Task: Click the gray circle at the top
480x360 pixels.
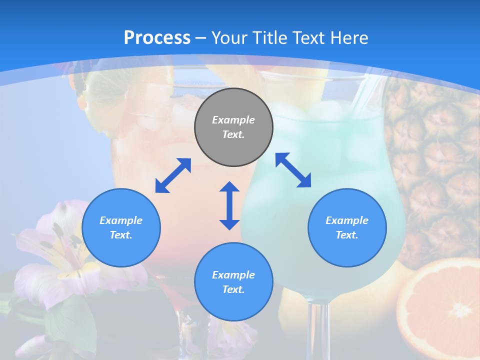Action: (x=233, y=127)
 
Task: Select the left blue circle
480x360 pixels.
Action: (x=121, y=227)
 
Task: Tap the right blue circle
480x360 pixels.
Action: (x=347, y=227)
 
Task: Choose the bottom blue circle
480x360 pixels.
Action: (x=233, y=282)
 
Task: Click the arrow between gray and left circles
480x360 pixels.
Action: (x=173, y=175)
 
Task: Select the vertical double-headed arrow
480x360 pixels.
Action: (x=229, y=205)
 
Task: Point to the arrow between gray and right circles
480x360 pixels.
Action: (x=293, y=170)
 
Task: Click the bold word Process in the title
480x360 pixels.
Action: (x=157, y=37)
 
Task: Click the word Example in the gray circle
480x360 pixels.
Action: (x=233, y=120)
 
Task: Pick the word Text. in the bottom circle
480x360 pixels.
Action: (x=233, y=289)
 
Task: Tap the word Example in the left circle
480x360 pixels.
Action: (x=121, y=220)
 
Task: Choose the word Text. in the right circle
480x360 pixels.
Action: (x=347, y=235)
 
